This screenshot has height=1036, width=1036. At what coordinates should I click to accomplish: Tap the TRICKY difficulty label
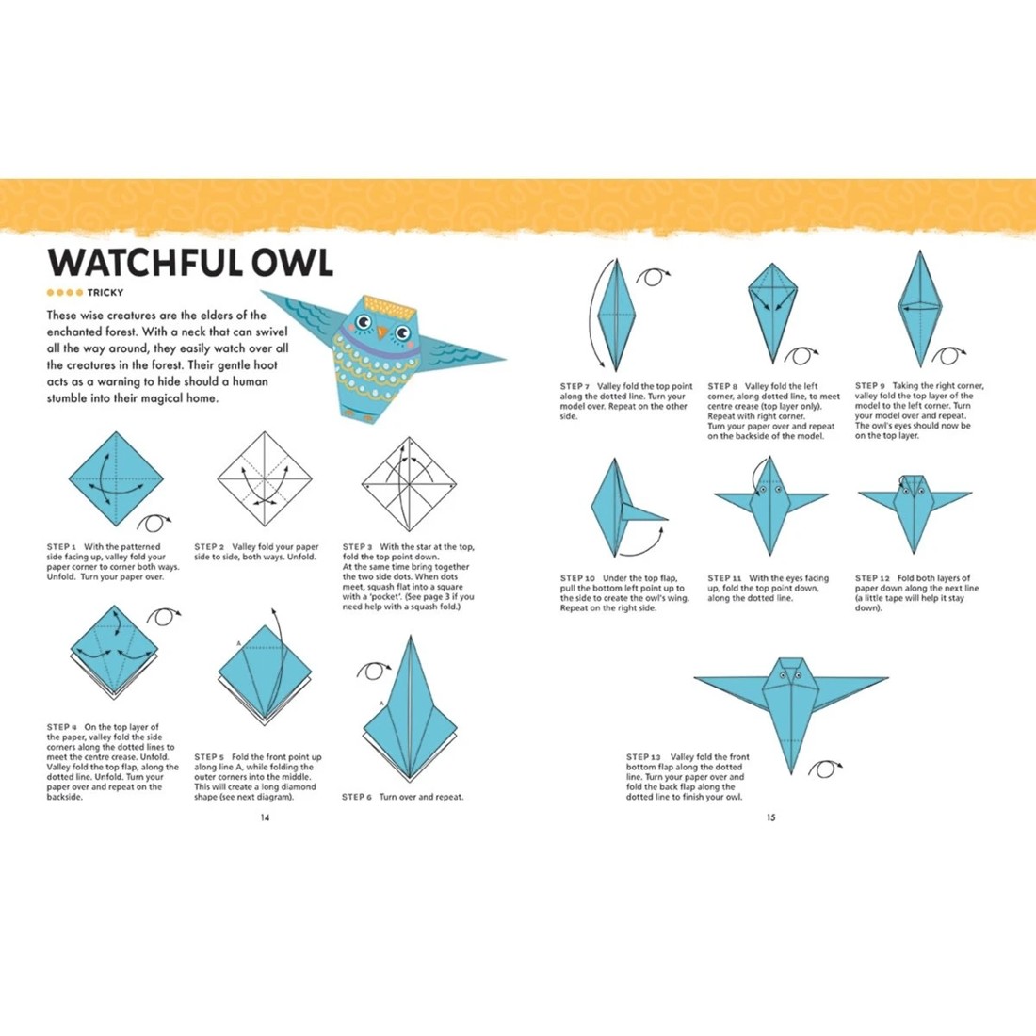(x=105, y=293)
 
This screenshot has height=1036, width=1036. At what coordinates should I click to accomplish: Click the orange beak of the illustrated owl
(x=381, y=332)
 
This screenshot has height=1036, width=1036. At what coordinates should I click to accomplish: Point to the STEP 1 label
(x=62, y=547)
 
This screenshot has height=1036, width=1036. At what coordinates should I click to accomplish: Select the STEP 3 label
(x=358, y=547)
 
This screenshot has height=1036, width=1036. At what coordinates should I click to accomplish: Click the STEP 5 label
(x=209, y=757)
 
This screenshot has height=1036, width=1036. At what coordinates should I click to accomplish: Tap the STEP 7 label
(x=575, y=386)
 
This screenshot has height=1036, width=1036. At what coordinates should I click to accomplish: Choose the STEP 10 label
(x=578, y=578)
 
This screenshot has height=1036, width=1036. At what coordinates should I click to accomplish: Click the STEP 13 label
(x=644, y=757)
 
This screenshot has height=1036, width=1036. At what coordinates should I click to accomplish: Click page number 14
(x=265, y=817)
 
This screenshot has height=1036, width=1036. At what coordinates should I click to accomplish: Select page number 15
(x=770, y=817)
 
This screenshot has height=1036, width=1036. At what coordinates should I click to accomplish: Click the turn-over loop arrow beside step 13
(x=825, y=769)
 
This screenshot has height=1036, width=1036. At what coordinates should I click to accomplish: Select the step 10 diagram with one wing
(x=622, y=509)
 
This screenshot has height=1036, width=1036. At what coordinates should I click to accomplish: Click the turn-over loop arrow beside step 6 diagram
(x=373, y=671)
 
